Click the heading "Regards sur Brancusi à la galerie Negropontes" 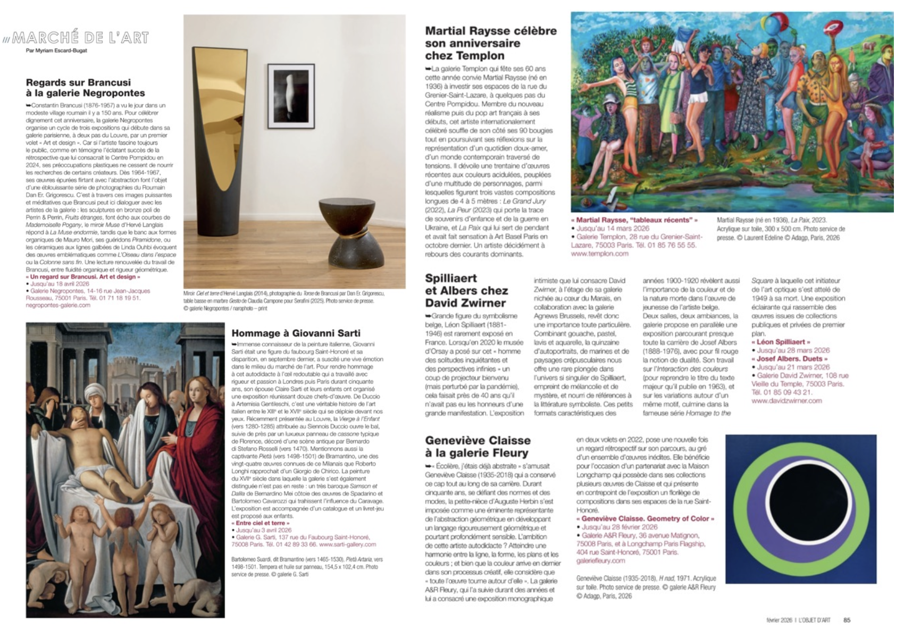[85, 88]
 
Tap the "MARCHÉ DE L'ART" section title [80, 38]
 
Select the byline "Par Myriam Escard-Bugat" [56, 51]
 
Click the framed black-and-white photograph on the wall [290, 96]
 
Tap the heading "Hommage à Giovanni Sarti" [296, 333]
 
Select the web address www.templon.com [599, 254]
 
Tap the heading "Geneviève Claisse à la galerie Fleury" [478, 447]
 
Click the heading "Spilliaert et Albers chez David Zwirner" [466, 290]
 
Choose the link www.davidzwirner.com [786, 401]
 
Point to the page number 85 [847, 620]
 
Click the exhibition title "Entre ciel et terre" [261, 523]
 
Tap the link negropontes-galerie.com [58, 305]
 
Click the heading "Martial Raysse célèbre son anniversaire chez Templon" [490, 43]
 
